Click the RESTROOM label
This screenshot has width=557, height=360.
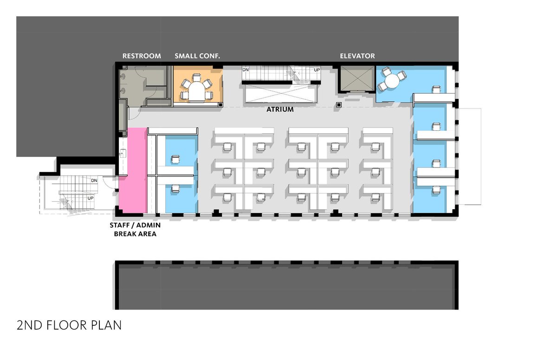(142, 56)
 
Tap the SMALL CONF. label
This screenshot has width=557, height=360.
(197, 56)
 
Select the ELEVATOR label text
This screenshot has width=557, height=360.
(357, 56)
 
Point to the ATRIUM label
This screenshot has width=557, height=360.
(280, 109)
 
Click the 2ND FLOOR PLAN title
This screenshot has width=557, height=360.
(69, 325)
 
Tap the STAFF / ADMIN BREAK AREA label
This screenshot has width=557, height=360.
(135, 229)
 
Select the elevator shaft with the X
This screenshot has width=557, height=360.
(357, 78)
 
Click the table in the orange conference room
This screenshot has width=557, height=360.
(196, 91)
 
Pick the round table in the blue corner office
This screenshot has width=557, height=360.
(392, 81)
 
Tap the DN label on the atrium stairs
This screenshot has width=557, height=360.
(246, 70)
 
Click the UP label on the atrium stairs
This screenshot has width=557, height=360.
(317, 70)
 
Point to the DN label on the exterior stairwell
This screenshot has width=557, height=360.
(94, 180)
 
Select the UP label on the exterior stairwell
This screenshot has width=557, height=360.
(90, 198)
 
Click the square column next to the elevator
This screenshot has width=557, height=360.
(339, 105)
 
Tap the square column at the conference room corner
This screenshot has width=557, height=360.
(220, 105)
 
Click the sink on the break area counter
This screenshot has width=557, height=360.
(123, 153)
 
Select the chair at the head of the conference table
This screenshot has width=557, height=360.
(196, 78)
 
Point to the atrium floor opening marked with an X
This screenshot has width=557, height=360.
(281, 93)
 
